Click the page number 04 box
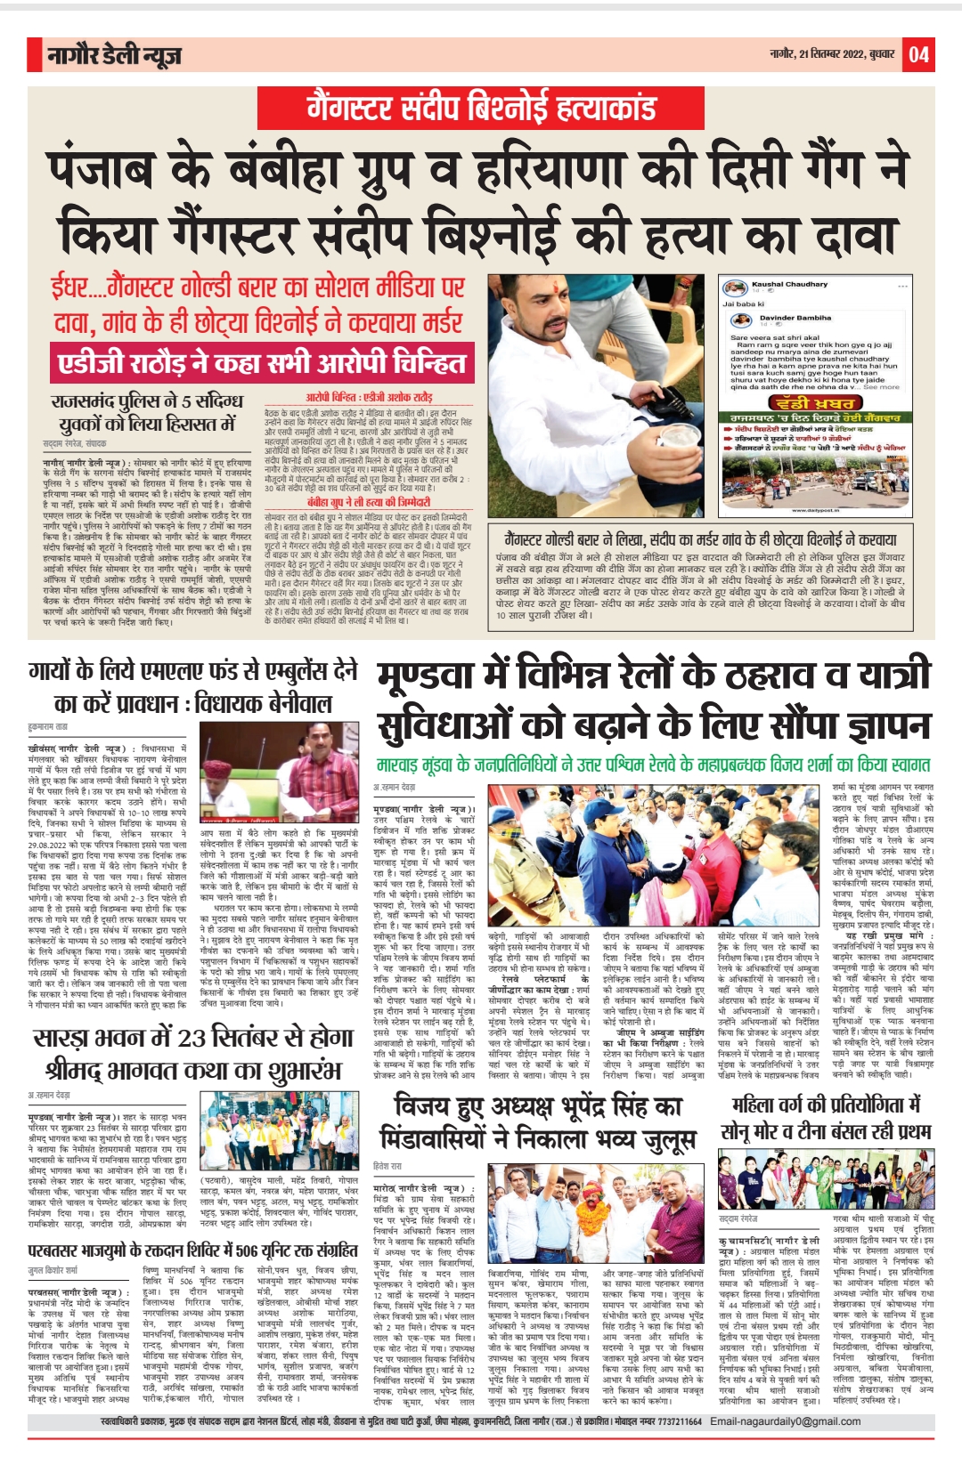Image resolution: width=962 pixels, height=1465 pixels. [x=918, y=55]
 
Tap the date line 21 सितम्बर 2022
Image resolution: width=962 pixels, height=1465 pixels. [x=831, y=55]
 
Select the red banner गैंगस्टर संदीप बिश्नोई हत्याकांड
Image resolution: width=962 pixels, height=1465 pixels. [x=481, y=109]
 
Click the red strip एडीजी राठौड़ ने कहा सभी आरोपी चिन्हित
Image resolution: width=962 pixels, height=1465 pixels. [x=261, y=363]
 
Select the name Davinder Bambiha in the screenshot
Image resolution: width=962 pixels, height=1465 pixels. [x=795, y=318]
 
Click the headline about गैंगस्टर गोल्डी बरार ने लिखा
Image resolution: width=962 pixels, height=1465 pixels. [x=700, y=540]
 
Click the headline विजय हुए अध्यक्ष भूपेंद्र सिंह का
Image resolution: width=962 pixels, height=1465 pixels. [x=538, y=1107]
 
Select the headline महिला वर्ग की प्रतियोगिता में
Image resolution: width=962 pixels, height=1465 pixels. [x=827, y=1105]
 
